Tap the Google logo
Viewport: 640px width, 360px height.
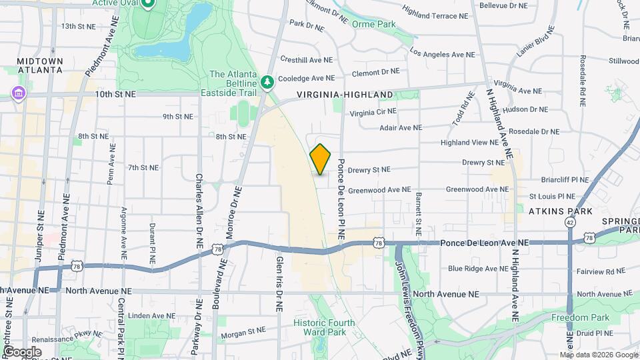(22, 351)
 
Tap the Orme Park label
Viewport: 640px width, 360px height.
(374, 25)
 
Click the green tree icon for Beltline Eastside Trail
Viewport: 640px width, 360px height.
(268, 81)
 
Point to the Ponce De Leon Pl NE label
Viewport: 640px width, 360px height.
(341, 199)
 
